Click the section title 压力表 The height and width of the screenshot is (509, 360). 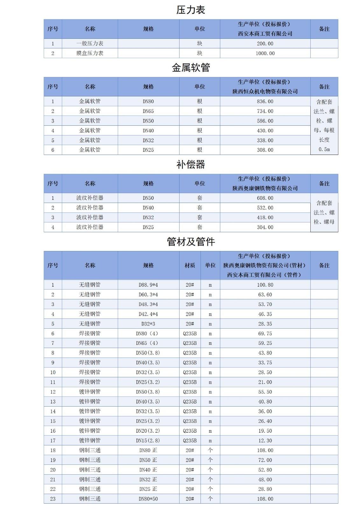coord(191,10)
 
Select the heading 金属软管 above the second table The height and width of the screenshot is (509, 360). coord(191,68)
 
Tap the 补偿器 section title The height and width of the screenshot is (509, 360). coord(191,164)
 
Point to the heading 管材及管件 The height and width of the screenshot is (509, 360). coord(191,242)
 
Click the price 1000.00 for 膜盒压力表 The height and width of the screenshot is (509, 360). coord(265,53)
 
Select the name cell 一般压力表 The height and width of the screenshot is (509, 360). coord(90,44)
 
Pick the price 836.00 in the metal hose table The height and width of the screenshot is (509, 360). coord(265,101)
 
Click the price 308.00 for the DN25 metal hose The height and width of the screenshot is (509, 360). coord(265,150)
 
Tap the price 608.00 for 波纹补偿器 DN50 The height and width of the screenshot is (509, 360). coord(265,198)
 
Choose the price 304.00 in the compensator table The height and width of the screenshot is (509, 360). coord(265,227)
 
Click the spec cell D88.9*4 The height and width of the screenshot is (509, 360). coord(148,285)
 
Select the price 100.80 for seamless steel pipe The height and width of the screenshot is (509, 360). coord(265,285)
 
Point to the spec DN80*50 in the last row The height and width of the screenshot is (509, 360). coord(148,499)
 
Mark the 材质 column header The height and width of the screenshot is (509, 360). coord(190,265)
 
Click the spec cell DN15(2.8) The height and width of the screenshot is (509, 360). coord(148,441)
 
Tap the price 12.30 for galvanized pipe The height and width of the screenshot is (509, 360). coord(265,441)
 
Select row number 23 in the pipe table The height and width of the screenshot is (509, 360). coord(53,499)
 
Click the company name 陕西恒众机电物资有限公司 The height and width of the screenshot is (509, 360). coord(265,92)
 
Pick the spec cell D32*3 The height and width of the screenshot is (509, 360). coord(148,324)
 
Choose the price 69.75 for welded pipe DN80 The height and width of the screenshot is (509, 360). coord(265,334)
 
